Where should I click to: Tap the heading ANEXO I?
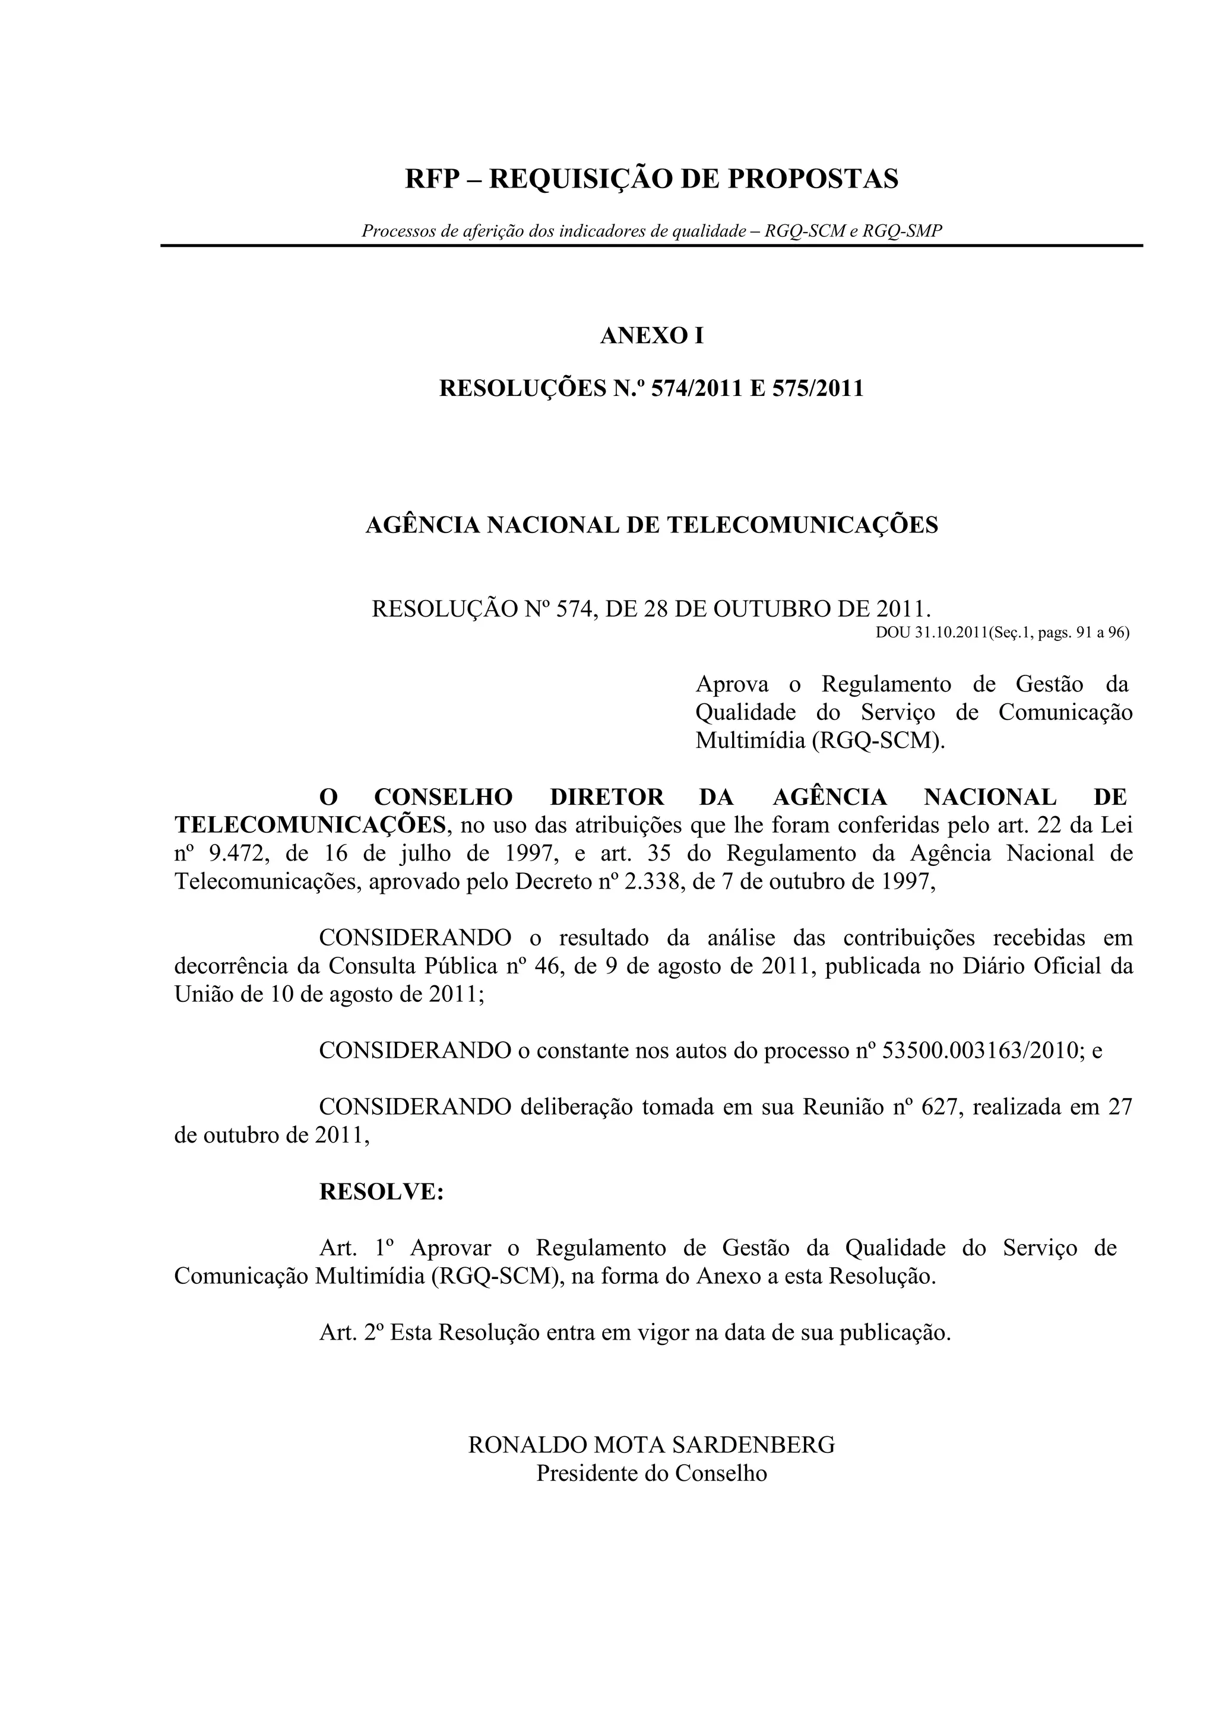pos(652,335)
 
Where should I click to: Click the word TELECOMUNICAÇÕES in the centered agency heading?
pos(802,525)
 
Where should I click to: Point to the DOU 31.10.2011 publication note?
pos(1002,632)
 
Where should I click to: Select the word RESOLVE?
pos(381,1191)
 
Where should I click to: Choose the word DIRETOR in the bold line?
pos(607,797)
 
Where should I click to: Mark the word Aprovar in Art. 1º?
pos(450,1248)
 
